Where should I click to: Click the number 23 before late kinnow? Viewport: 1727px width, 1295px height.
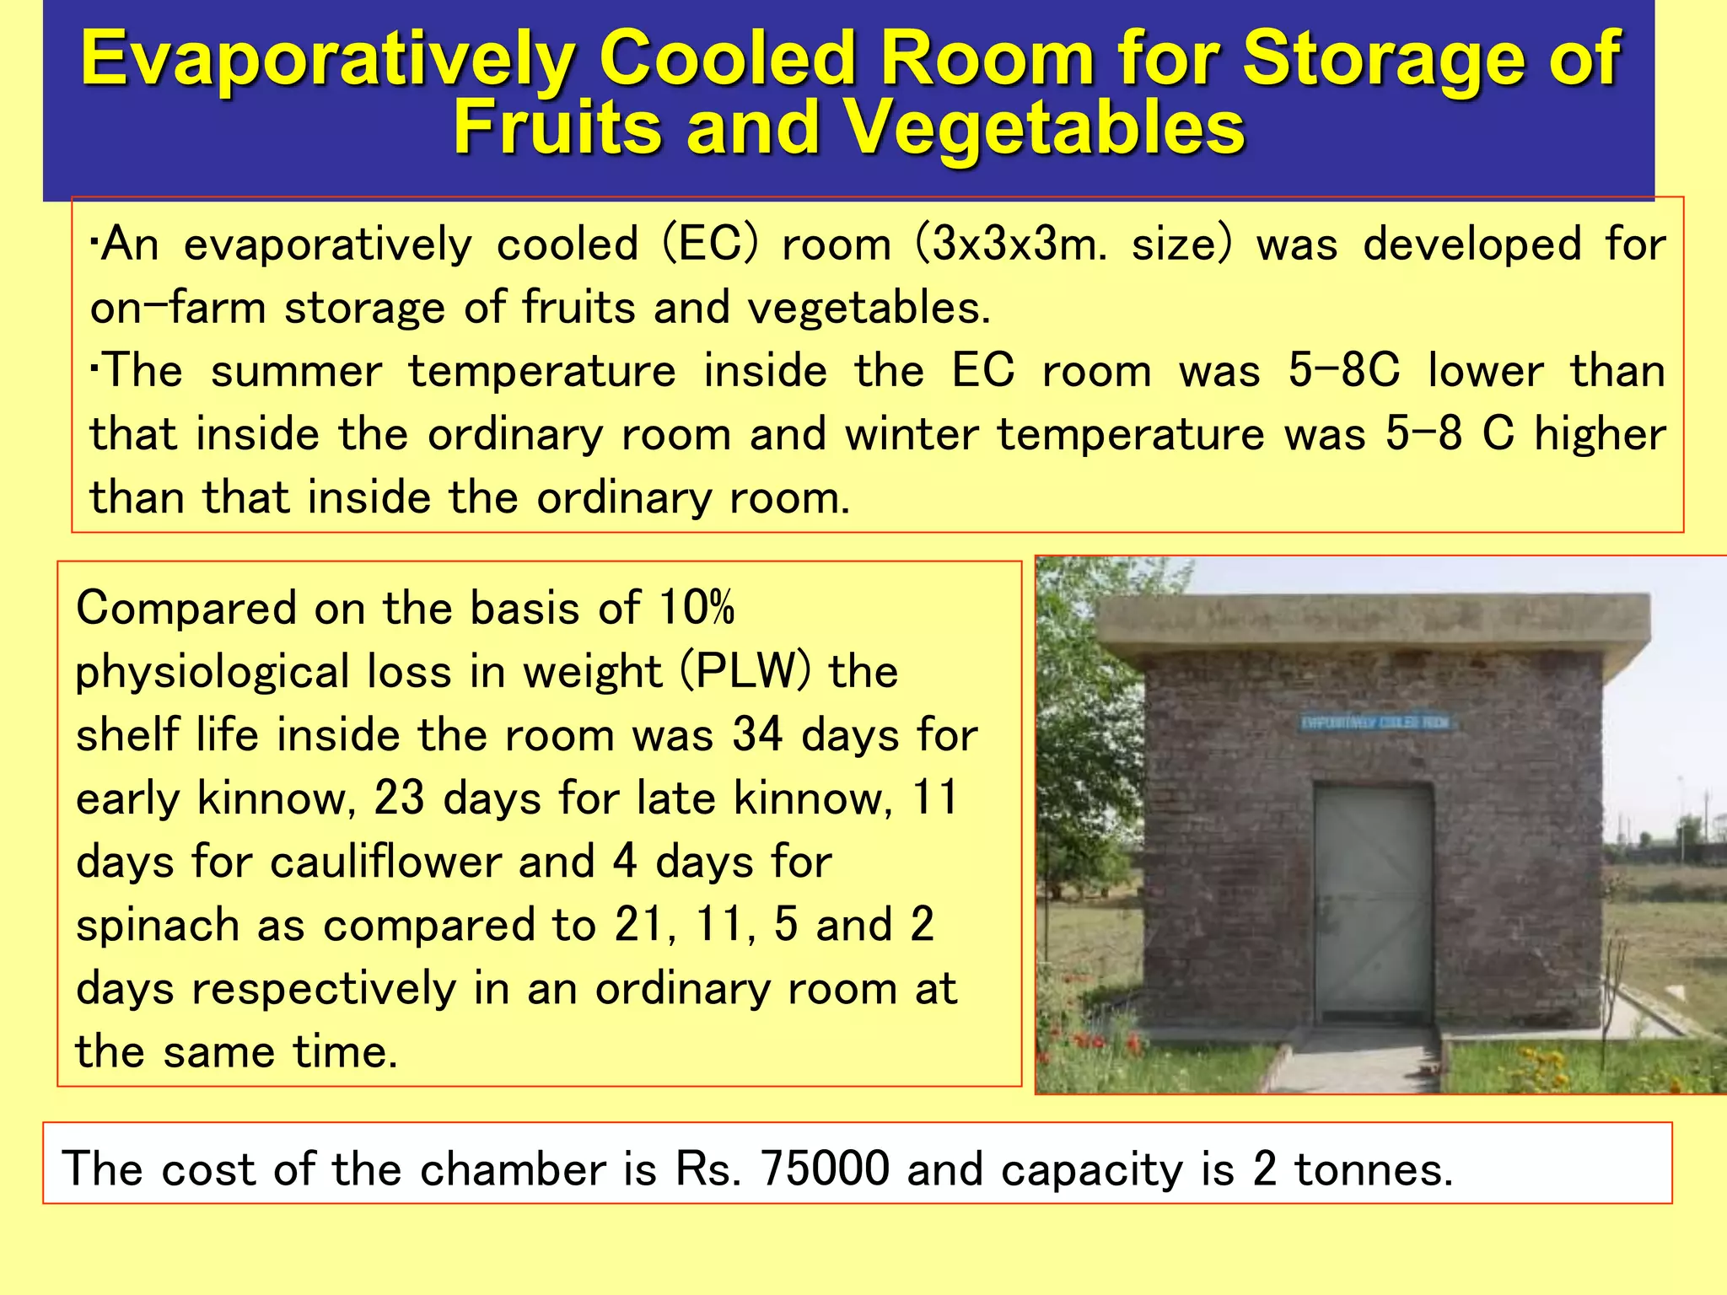399,798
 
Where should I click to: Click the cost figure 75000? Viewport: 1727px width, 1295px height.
825,1169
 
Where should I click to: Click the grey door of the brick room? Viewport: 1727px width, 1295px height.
1374,902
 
